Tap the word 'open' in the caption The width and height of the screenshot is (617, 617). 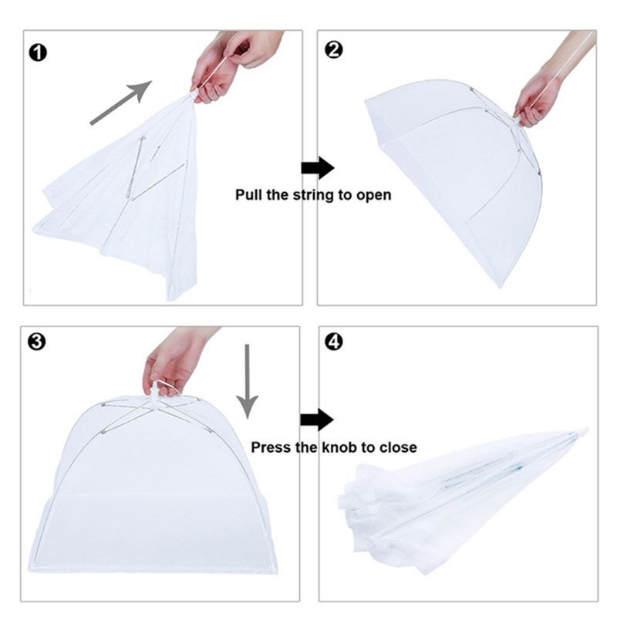coord(373,195)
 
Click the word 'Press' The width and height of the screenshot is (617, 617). coord(271,447)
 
